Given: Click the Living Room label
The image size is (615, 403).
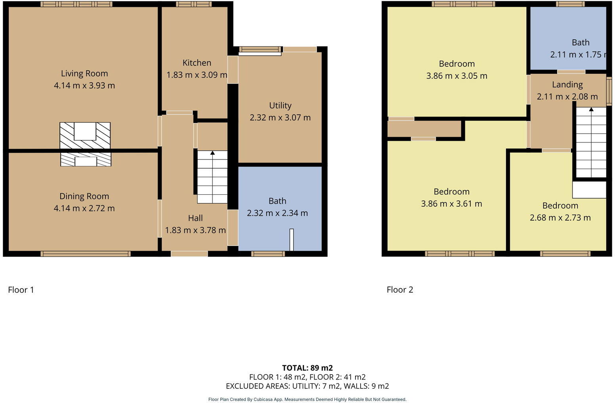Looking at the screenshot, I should click(84, 73).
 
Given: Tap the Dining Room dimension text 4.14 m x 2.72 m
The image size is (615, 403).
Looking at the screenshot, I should click(84, 208).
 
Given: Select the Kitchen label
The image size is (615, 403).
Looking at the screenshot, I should click(197, 63).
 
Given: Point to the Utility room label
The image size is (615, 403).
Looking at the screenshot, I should click(280, 106).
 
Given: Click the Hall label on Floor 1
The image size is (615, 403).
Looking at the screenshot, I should click(195, 218).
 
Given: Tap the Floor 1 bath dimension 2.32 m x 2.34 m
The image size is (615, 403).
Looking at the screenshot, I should click(277, 213).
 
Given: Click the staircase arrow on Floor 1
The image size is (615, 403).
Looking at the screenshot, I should click(212, 153).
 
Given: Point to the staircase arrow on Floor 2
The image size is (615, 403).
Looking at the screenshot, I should click(591, 109).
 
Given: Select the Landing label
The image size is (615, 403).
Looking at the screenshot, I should click(567, 84).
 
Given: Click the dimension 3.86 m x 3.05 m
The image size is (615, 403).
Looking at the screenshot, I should click(456, 76).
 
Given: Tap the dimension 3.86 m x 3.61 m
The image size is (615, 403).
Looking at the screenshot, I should click(451, 204).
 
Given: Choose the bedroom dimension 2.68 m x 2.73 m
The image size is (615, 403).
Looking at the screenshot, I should click(560, 218).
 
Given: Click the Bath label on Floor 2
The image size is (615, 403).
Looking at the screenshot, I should click(581, 42).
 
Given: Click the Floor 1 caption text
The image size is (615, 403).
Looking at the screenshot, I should click(21, 290).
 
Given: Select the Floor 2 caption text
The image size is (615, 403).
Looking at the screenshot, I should click(400, 290).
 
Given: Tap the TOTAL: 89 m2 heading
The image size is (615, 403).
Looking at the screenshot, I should click(307, 368).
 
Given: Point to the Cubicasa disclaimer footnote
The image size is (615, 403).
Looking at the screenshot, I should click(307, 399).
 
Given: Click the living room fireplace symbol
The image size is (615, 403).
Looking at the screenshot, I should click(85, 135).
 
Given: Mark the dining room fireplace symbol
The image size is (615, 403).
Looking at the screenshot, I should click(86, 160).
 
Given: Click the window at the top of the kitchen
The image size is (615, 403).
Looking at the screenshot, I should click(194, 4).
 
